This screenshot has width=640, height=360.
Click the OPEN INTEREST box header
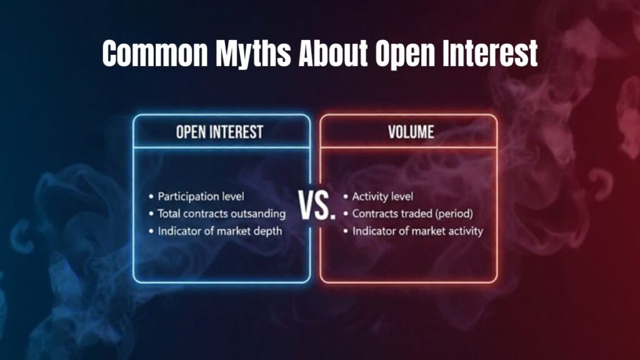221,132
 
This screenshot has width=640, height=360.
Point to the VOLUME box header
408,132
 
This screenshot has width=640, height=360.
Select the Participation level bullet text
197,196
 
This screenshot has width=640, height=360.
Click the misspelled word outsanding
258,214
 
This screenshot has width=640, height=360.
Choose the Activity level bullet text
382,196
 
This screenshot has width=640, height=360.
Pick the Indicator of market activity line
417,231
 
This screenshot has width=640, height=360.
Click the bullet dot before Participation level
151,197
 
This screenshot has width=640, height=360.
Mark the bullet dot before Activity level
346,197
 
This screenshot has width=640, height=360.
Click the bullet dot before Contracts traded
346,214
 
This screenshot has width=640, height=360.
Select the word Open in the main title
402,54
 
